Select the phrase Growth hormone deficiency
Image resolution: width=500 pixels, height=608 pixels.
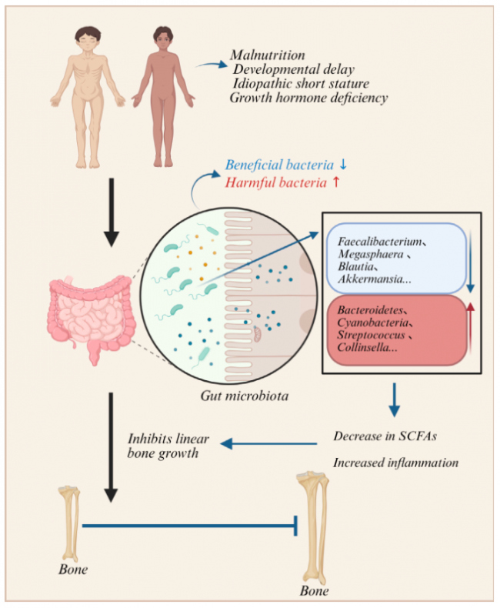[x=308, y=98]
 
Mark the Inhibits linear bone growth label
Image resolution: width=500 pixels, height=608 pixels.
[x=162, y=446]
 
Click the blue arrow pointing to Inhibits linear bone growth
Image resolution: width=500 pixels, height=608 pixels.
[x=269, y=443]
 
